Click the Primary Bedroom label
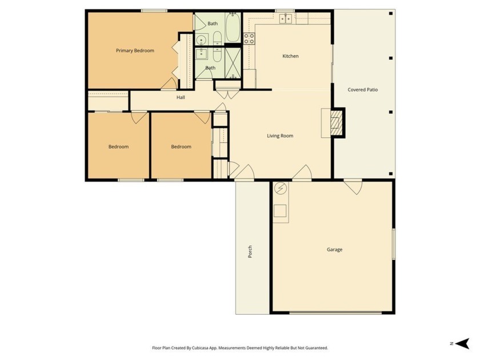[x=135, y=51]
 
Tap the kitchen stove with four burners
[x=249, y=39]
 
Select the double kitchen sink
[x=286, y=19]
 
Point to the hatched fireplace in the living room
[x=338, y=123]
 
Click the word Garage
[x=334, y=250]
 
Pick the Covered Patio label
[x=363, y=90]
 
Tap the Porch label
[x=250, y=251]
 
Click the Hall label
[x=181, y=98]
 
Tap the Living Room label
[x=280, y=136]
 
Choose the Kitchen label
[x=290, y=56]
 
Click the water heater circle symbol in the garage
[x=280, y=189]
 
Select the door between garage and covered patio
[x=353, y=186]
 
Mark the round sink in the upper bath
[x=201, y=40]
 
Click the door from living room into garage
[x=302, y=173]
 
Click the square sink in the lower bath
[x=201, y=54]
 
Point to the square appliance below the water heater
[x=280, y=211]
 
